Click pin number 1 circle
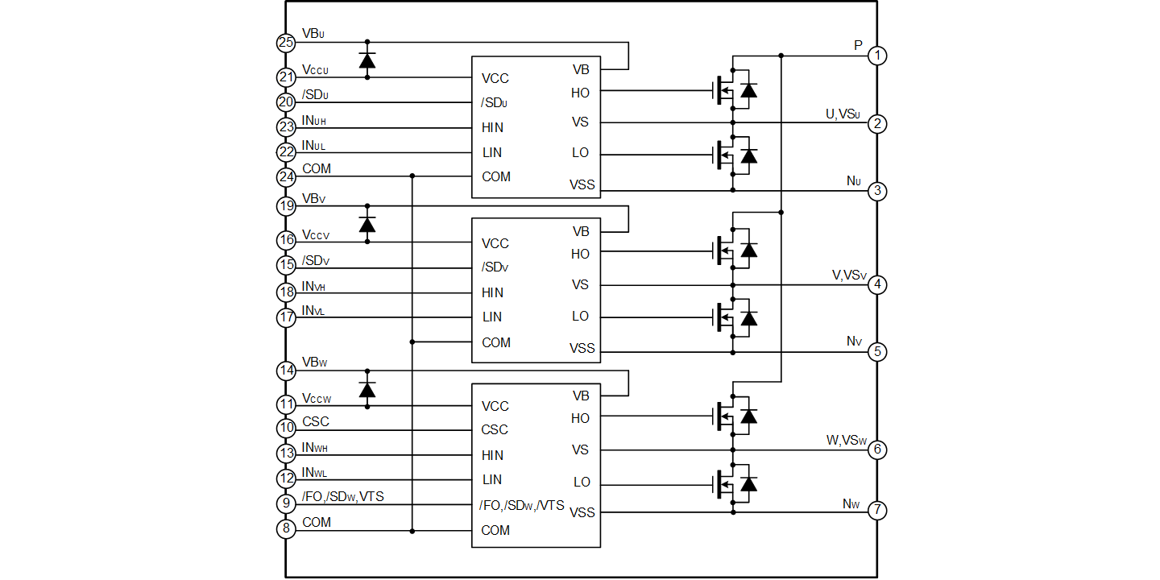(x=878, y=55)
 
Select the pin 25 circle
(x=286, y=43)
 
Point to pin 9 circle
(x=286, y=503)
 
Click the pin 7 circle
(x=878, y=512)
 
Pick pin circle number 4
(x=878, y=284)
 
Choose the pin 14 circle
(x=286, y=371)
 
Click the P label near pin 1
(x=859, y=45)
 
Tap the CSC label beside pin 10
(x=316, y=422)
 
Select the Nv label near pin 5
(x=854, y=342)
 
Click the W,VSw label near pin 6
(x=847, y=440)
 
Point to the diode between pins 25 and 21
(x=368, y=60)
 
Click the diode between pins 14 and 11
(x=368, y=390)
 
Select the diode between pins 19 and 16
(x=368, y=223)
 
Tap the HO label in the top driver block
(x=580, y=93)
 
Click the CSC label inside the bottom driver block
(x=492, y=429)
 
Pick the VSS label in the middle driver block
(x=582, y=348)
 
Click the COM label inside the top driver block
(x=495, y=176)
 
